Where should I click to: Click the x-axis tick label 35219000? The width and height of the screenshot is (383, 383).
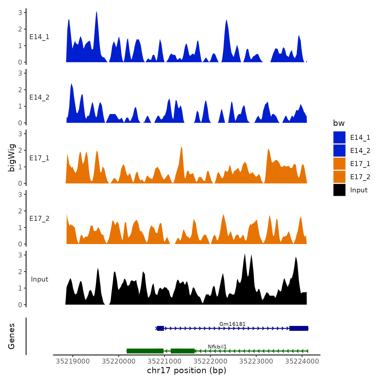73,361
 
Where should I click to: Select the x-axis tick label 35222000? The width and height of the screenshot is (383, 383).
210,361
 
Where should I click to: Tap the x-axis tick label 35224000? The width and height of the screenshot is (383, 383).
302,361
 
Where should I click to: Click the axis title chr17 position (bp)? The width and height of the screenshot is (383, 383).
187,370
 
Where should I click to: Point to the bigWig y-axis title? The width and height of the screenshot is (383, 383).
12,158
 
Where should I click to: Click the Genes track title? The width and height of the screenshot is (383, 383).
12,336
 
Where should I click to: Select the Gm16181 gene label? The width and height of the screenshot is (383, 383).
232,324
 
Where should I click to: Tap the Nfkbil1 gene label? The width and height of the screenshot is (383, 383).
217,347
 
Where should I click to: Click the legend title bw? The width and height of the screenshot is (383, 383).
339,123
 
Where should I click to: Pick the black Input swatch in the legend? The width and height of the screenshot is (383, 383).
339,190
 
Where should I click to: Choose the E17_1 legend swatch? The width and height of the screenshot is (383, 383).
339,164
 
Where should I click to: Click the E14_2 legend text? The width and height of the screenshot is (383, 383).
360,151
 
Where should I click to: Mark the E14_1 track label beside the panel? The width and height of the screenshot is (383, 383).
39,37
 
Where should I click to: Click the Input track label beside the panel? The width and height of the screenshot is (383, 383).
39,279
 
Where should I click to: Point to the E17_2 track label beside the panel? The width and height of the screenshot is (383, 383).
39,219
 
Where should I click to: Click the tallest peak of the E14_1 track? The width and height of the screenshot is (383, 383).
97,13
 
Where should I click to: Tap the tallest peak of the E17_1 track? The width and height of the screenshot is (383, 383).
181,148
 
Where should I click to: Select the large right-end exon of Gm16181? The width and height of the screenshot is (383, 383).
299,328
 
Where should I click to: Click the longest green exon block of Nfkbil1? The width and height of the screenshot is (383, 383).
145,351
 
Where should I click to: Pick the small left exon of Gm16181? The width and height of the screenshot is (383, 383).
160,328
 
